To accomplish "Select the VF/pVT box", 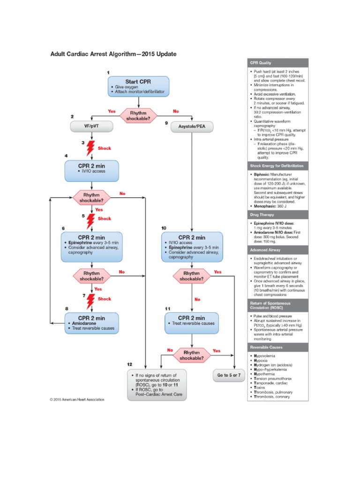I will coord(91,126).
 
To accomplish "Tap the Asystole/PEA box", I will coord(192,126).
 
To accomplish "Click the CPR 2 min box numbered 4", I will coord(91,171).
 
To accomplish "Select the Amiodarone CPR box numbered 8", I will coord(91,323).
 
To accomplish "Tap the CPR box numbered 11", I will coord(192,323).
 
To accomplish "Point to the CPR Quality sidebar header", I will coord(278,63).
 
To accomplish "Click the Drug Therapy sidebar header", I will coord(278,214).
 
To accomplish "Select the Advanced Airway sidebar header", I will coord(278,250).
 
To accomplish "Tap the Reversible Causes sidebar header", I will coord(278,347).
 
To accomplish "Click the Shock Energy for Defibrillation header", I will coord(278,166).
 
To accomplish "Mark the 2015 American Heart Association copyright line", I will coord(77,400).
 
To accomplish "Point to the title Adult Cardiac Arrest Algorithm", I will coord(113,54).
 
